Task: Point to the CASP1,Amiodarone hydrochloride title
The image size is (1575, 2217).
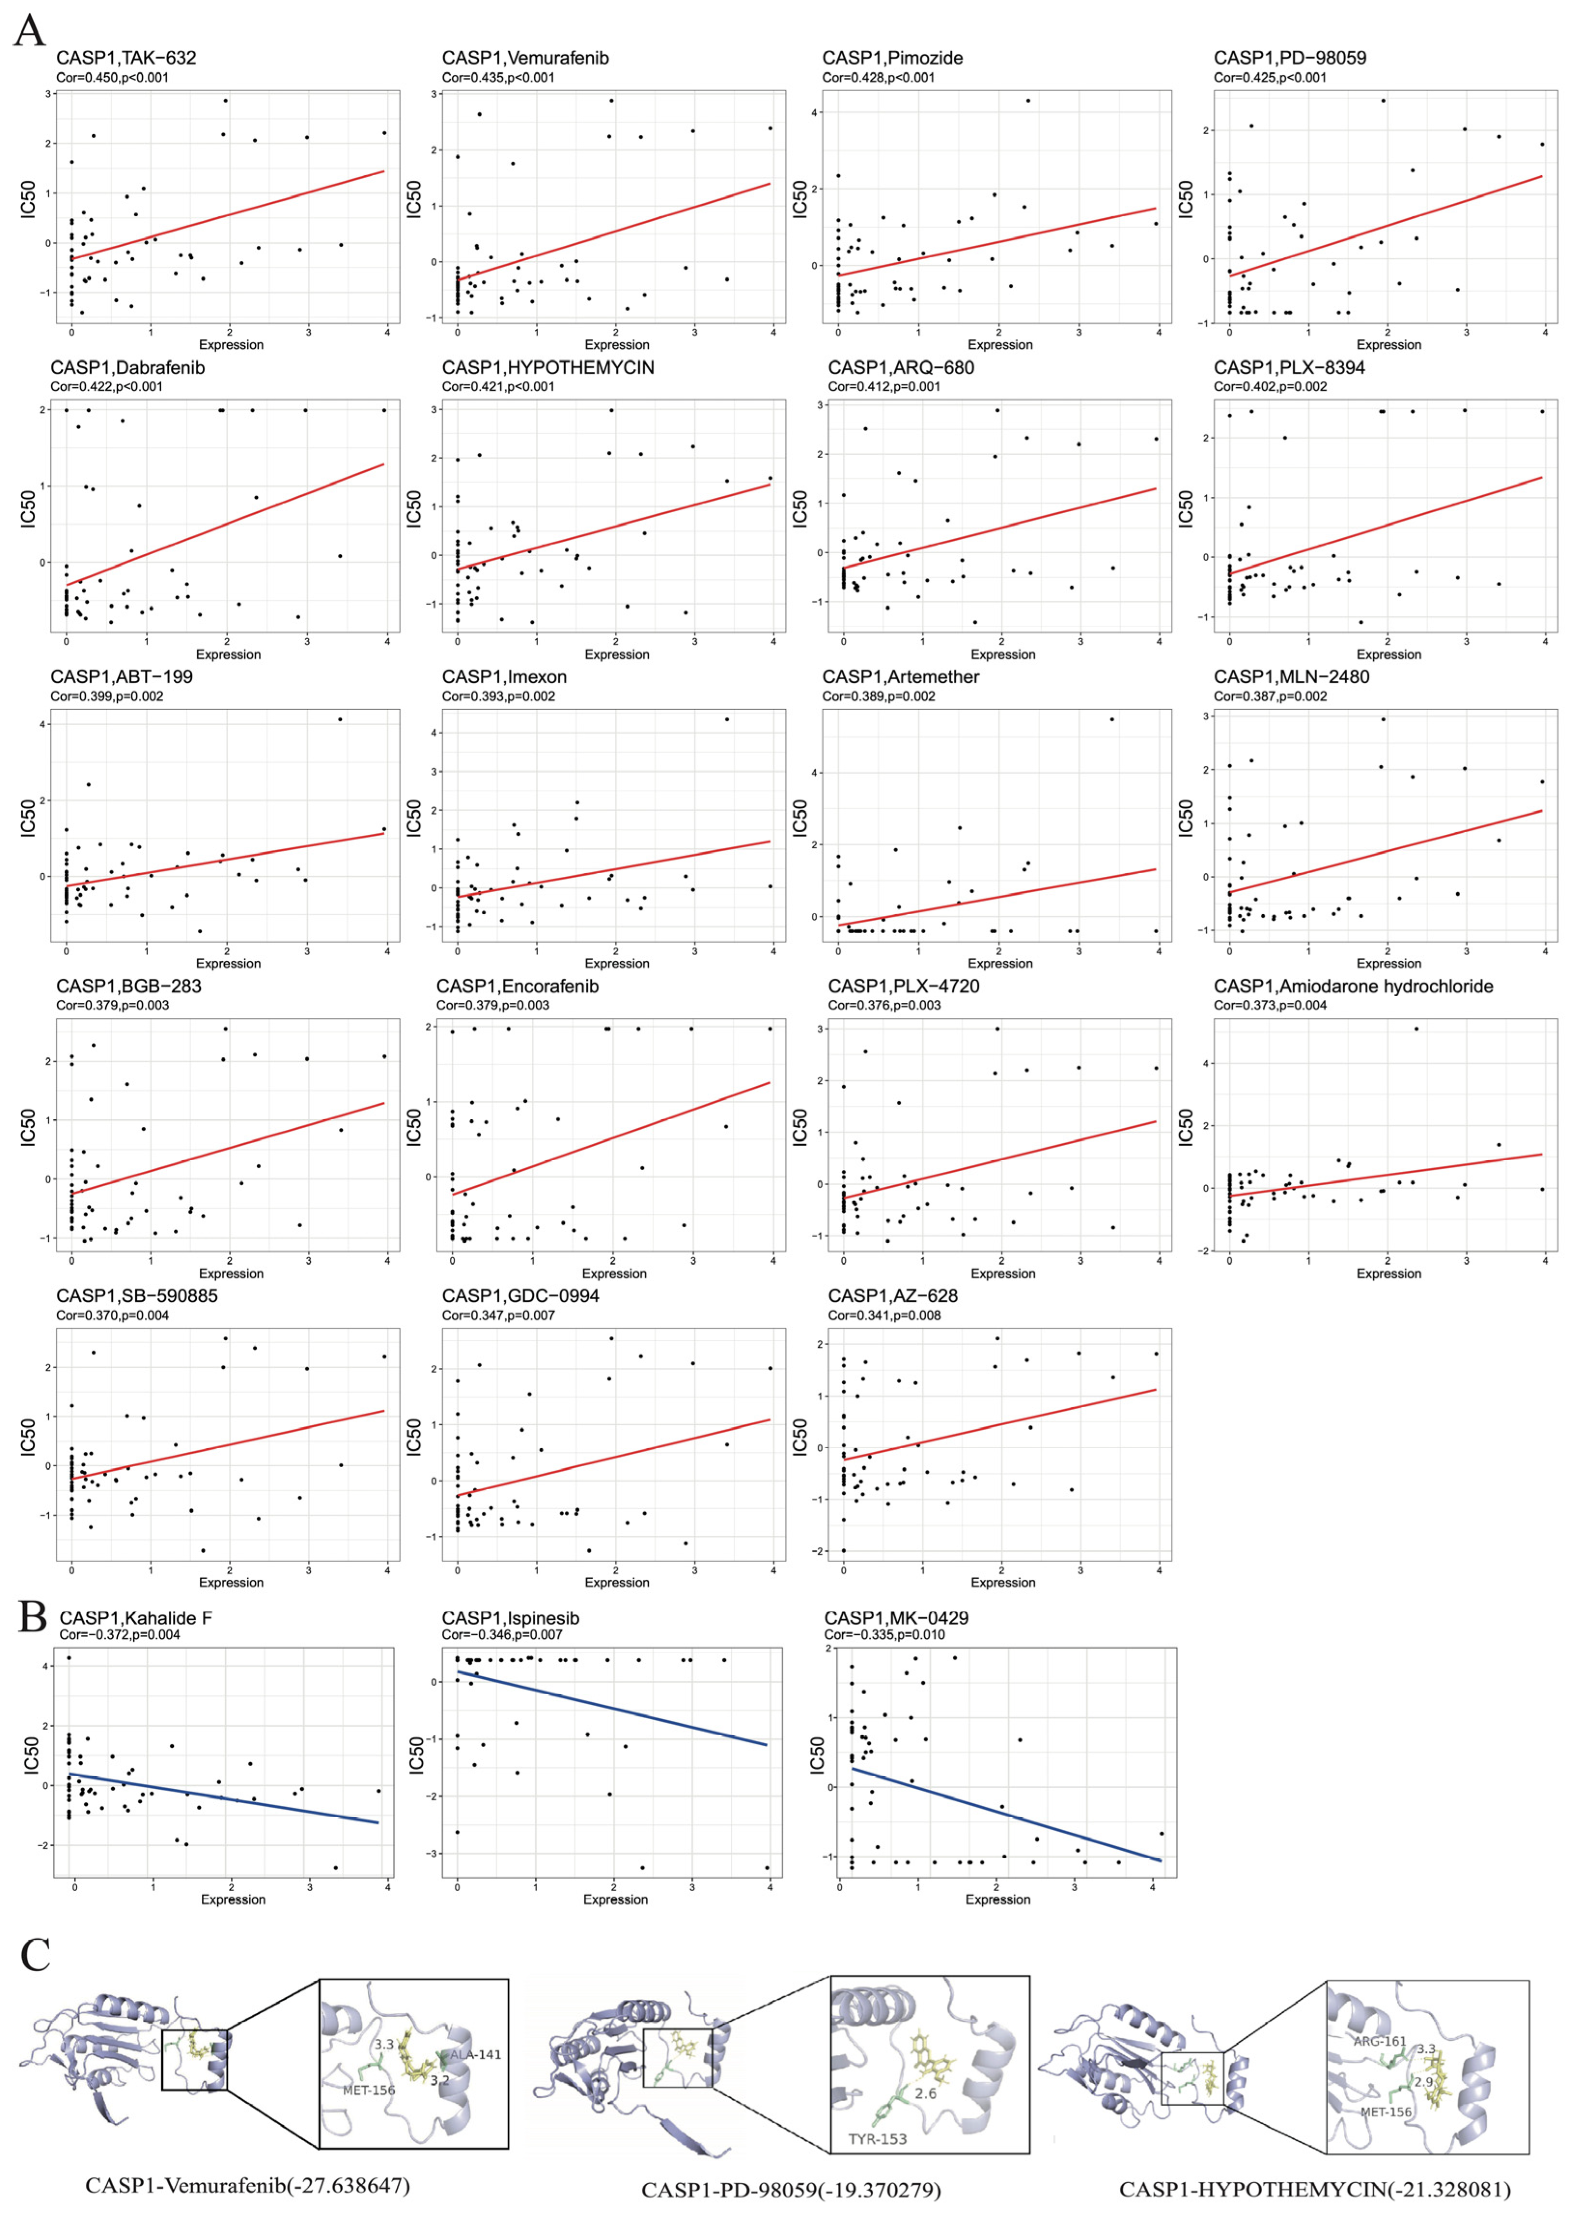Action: [1353, 986]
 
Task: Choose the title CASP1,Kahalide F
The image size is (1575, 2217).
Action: [136, 1618]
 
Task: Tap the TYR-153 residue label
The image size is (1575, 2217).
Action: [878, 2138]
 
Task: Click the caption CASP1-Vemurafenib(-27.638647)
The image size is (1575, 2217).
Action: [247, 2185]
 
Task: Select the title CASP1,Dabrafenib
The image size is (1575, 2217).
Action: [128, 367]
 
